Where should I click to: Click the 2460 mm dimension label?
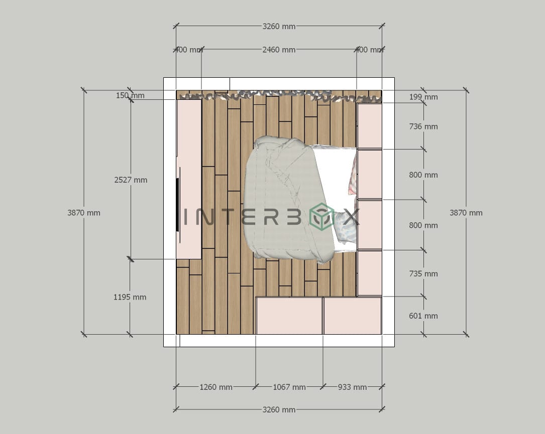(x=279, y=50)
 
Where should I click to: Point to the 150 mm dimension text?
(x=130, y=95)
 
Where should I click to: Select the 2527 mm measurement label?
(x=131, y=180)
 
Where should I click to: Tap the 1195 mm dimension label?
(x=130, y=297)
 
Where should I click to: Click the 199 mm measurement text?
(x=423, y=97)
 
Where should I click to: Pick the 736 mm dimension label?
(x=423, y=126)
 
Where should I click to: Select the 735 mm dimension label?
(x=423, y=273)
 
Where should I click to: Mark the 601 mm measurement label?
(x=423, y=316)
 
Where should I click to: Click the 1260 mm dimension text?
(x=216, y=387)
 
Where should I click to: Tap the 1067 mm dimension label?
(x=289, y=387)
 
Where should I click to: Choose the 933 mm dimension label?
(x=352, y=387)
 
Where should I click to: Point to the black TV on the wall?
(x=177, y=205)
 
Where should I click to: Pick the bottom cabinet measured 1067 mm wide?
(x=289, y=316)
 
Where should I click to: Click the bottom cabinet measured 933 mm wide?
(x=352, y=316)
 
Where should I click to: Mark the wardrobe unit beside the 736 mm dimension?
(x=369, y=126)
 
